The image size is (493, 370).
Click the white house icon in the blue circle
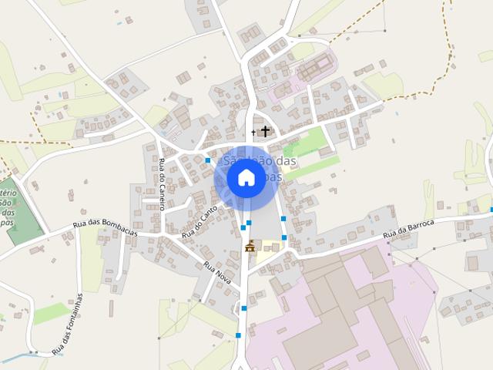[x=246, y=178]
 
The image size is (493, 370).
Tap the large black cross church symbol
[x=265, y=131]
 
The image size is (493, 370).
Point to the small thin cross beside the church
[x=253, y=133]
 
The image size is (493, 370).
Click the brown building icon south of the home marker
[x=250, y=246]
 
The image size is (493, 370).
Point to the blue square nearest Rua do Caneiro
[x=208, y=160]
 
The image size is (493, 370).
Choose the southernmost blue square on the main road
[x=238, y=335]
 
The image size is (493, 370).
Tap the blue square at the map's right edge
[x=491, y=209]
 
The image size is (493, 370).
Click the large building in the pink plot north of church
[x=313, y=70]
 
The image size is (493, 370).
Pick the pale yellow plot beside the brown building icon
[x=267, y=246]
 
